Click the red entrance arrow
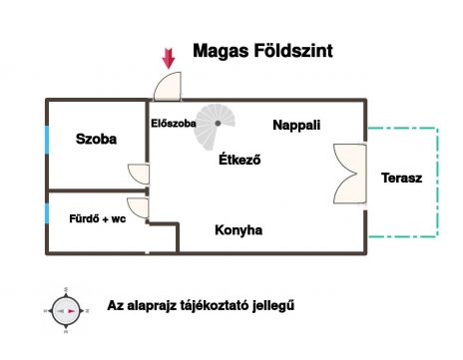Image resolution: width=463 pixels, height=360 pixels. (x=169, y=59)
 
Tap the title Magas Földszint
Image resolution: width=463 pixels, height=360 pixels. (x=262, y=51)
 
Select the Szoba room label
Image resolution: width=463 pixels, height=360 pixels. (x=96, y=139)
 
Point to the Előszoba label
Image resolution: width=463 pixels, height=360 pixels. (x=174, y=124)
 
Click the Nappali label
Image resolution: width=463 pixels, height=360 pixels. (x=296, y=125)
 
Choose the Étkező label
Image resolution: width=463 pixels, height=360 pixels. (x=239, y=160)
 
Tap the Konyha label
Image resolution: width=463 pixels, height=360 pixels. (x=238, y=230)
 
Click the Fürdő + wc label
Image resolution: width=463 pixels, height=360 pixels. (x=98, y=218)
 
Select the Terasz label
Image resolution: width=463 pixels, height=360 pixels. (x=402, y=178)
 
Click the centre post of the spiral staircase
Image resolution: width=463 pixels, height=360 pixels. (x=218, y=124)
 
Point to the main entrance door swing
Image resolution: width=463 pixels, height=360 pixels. (x=168, y=86)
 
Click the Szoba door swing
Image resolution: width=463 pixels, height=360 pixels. (x=139, y=174)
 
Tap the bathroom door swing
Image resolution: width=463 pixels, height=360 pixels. (x=138, y=207)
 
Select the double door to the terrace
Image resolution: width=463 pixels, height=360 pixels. (x=350, y=174)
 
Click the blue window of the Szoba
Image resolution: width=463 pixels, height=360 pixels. (x=47, y=140)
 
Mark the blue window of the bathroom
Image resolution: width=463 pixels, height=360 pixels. (x=47, y=213)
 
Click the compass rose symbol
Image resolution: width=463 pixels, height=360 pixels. (x=66, y=311)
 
